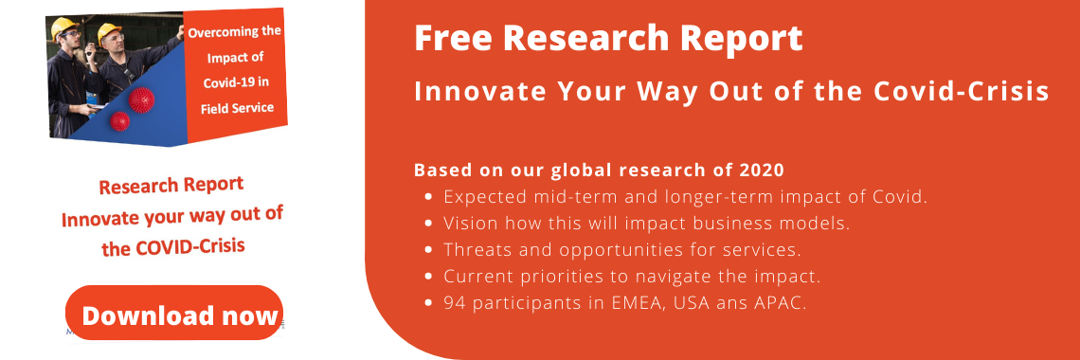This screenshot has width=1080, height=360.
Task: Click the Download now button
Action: tap(174, 314)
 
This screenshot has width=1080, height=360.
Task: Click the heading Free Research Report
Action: tap(608, 38)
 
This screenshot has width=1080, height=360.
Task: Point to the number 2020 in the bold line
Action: tap(760, 170)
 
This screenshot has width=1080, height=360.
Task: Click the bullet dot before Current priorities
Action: tap(428, 277)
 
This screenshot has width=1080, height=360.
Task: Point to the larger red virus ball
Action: tap(140, 99)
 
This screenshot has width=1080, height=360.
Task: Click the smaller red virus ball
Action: tap(120, 122)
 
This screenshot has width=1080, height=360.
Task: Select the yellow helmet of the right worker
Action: tap(109, 31)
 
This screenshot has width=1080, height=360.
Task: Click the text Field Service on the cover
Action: tap(238, 108)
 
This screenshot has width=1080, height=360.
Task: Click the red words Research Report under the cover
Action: tap(171, 186)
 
